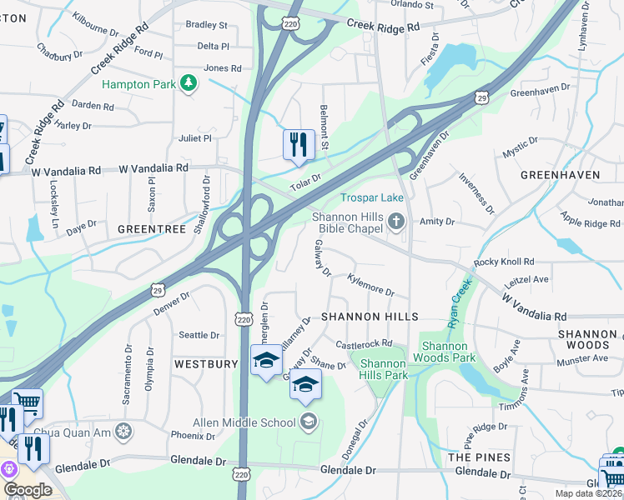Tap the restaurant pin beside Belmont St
[298, 145]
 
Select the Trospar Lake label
[371, 197]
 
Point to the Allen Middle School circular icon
[309, 422]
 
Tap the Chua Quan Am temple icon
[123, 431]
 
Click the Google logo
[28, 490]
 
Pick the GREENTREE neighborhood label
[150, 228]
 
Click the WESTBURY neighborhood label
[206, 365]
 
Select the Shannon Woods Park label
[449, 352]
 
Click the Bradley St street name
[206, 25]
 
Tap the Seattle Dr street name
[199, 335]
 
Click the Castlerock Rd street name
[364, 343]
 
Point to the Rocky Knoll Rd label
[502, 262]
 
